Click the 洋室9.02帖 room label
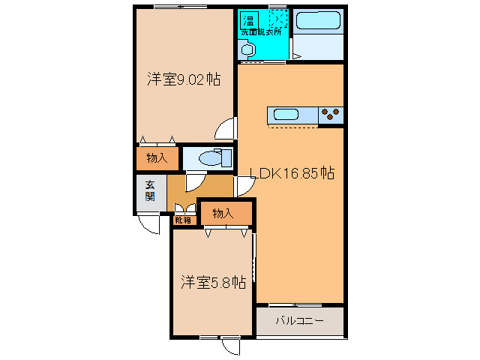[x=184, y=79]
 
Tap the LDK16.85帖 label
[x=292, y=173]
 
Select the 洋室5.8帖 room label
[x=213, y=282]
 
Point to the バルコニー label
[x=300, y=321]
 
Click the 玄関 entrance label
[x=150, y=191]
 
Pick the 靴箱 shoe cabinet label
[x=183, y=220]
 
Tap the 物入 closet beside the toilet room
[x=157, y=158]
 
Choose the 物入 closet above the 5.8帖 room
[x=223, y=213]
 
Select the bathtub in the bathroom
[x=318, y=20]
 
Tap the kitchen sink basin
[x=286, y=115]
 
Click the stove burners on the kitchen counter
[x=331, y=114]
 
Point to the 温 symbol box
[x=249, y=20]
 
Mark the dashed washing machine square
[x=278, y=19]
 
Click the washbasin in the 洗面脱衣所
[x=248, y=50]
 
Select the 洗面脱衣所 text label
[x=261, y=31]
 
